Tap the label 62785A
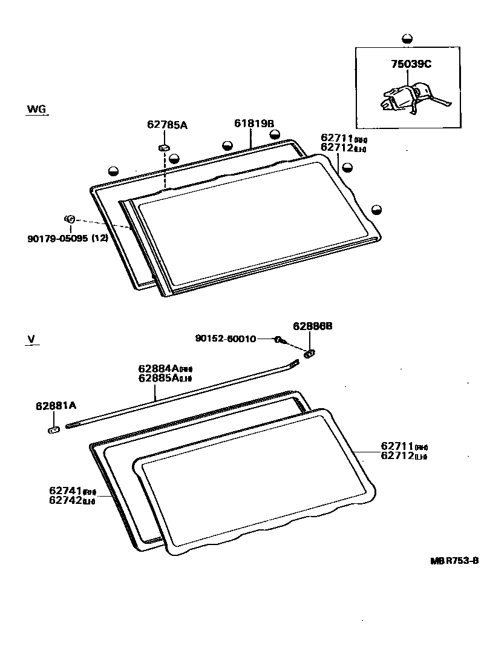167,125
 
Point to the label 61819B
254,124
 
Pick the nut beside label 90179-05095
69,219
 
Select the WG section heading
36,110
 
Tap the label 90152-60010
225,339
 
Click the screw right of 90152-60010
280,340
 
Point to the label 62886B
312,326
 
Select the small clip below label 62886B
310,353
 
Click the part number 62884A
158,368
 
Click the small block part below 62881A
53,430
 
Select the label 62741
65,491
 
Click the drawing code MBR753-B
454,561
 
